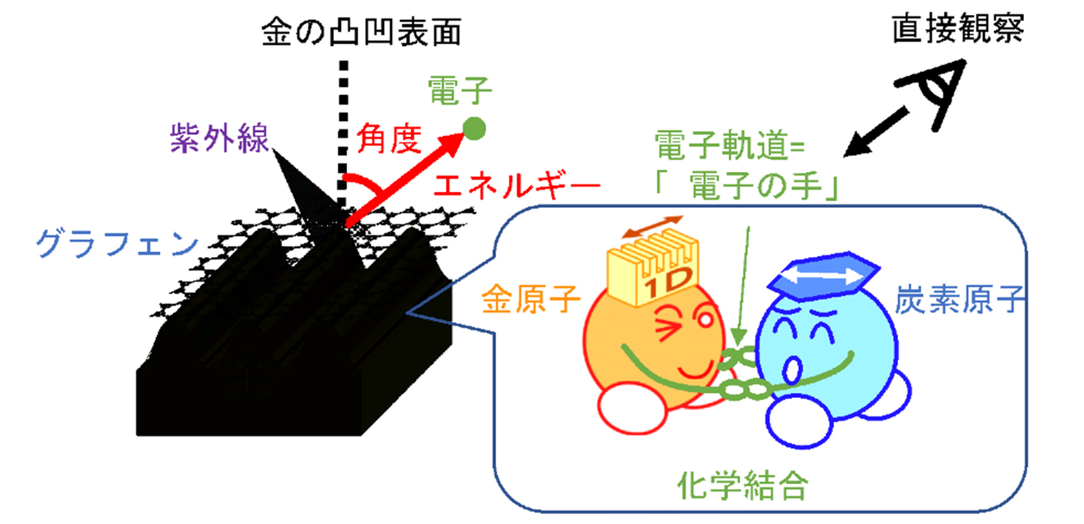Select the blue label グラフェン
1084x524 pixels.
116,244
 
